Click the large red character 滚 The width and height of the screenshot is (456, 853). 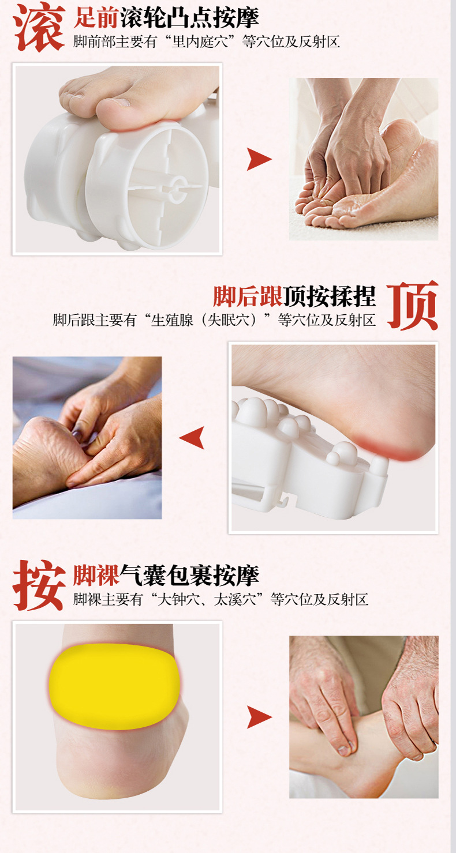point(39,27)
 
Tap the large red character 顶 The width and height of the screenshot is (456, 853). point(413,305)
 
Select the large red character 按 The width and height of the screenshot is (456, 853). point(39,585)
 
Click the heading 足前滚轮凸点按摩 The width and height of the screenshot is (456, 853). point(166,18)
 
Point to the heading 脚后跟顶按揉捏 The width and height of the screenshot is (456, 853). point(294,296)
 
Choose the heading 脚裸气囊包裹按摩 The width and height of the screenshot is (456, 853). point(166,576)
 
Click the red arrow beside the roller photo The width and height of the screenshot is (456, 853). point(259,159)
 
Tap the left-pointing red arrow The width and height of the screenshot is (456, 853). point(192,438)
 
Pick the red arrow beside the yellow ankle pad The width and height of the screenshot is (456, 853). point(259,717)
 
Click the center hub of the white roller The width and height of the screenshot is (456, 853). point(176,188)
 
